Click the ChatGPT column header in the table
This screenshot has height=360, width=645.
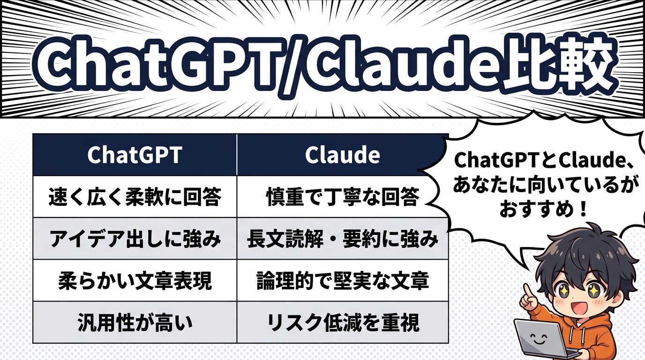point(135,155)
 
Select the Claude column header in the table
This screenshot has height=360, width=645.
point(342,155)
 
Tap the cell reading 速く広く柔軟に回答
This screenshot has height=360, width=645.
point(135,197)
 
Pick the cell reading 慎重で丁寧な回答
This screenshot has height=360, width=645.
point(342,197)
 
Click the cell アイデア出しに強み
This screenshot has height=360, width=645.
point(135,239)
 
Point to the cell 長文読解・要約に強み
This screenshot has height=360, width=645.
point(343,239)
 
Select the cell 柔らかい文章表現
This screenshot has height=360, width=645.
point(135,281)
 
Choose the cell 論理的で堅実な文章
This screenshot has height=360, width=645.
point(343,281)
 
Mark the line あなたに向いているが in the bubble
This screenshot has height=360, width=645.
point(543,186)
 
